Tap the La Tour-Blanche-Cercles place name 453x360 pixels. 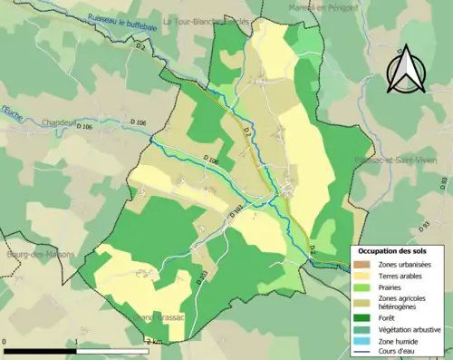point(206,19)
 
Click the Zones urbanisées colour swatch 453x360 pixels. point(361,264)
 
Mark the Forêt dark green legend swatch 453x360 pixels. point(361,317)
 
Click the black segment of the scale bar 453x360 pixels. point(40,350)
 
